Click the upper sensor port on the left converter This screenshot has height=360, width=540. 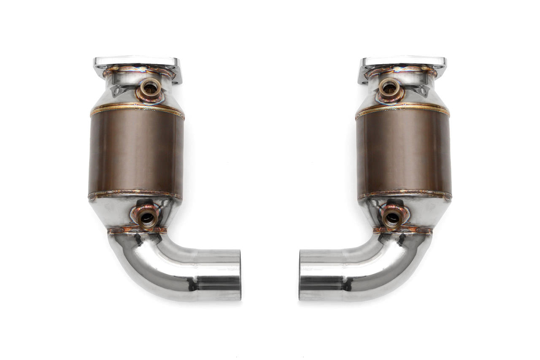tap(150, 88)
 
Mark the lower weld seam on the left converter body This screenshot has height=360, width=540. tap(135, 195)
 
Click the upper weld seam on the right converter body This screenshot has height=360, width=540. tap(402, 108)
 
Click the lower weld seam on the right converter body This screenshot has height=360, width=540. tap(404, 195)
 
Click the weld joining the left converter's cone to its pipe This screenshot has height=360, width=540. tap(137, 230)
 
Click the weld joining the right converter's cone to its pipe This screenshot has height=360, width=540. tap(403, 230)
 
